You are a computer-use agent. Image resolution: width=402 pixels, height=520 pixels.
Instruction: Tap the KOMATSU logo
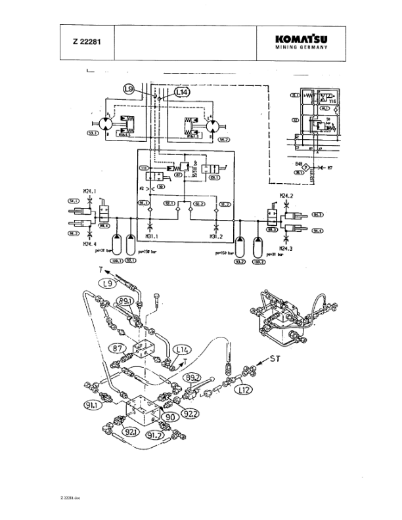[x=301, y=38]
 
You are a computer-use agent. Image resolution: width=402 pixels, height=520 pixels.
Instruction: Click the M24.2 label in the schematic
[x=286, y=196]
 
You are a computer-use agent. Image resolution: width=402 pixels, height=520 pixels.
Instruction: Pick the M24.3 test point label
[x=286, y=249]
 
